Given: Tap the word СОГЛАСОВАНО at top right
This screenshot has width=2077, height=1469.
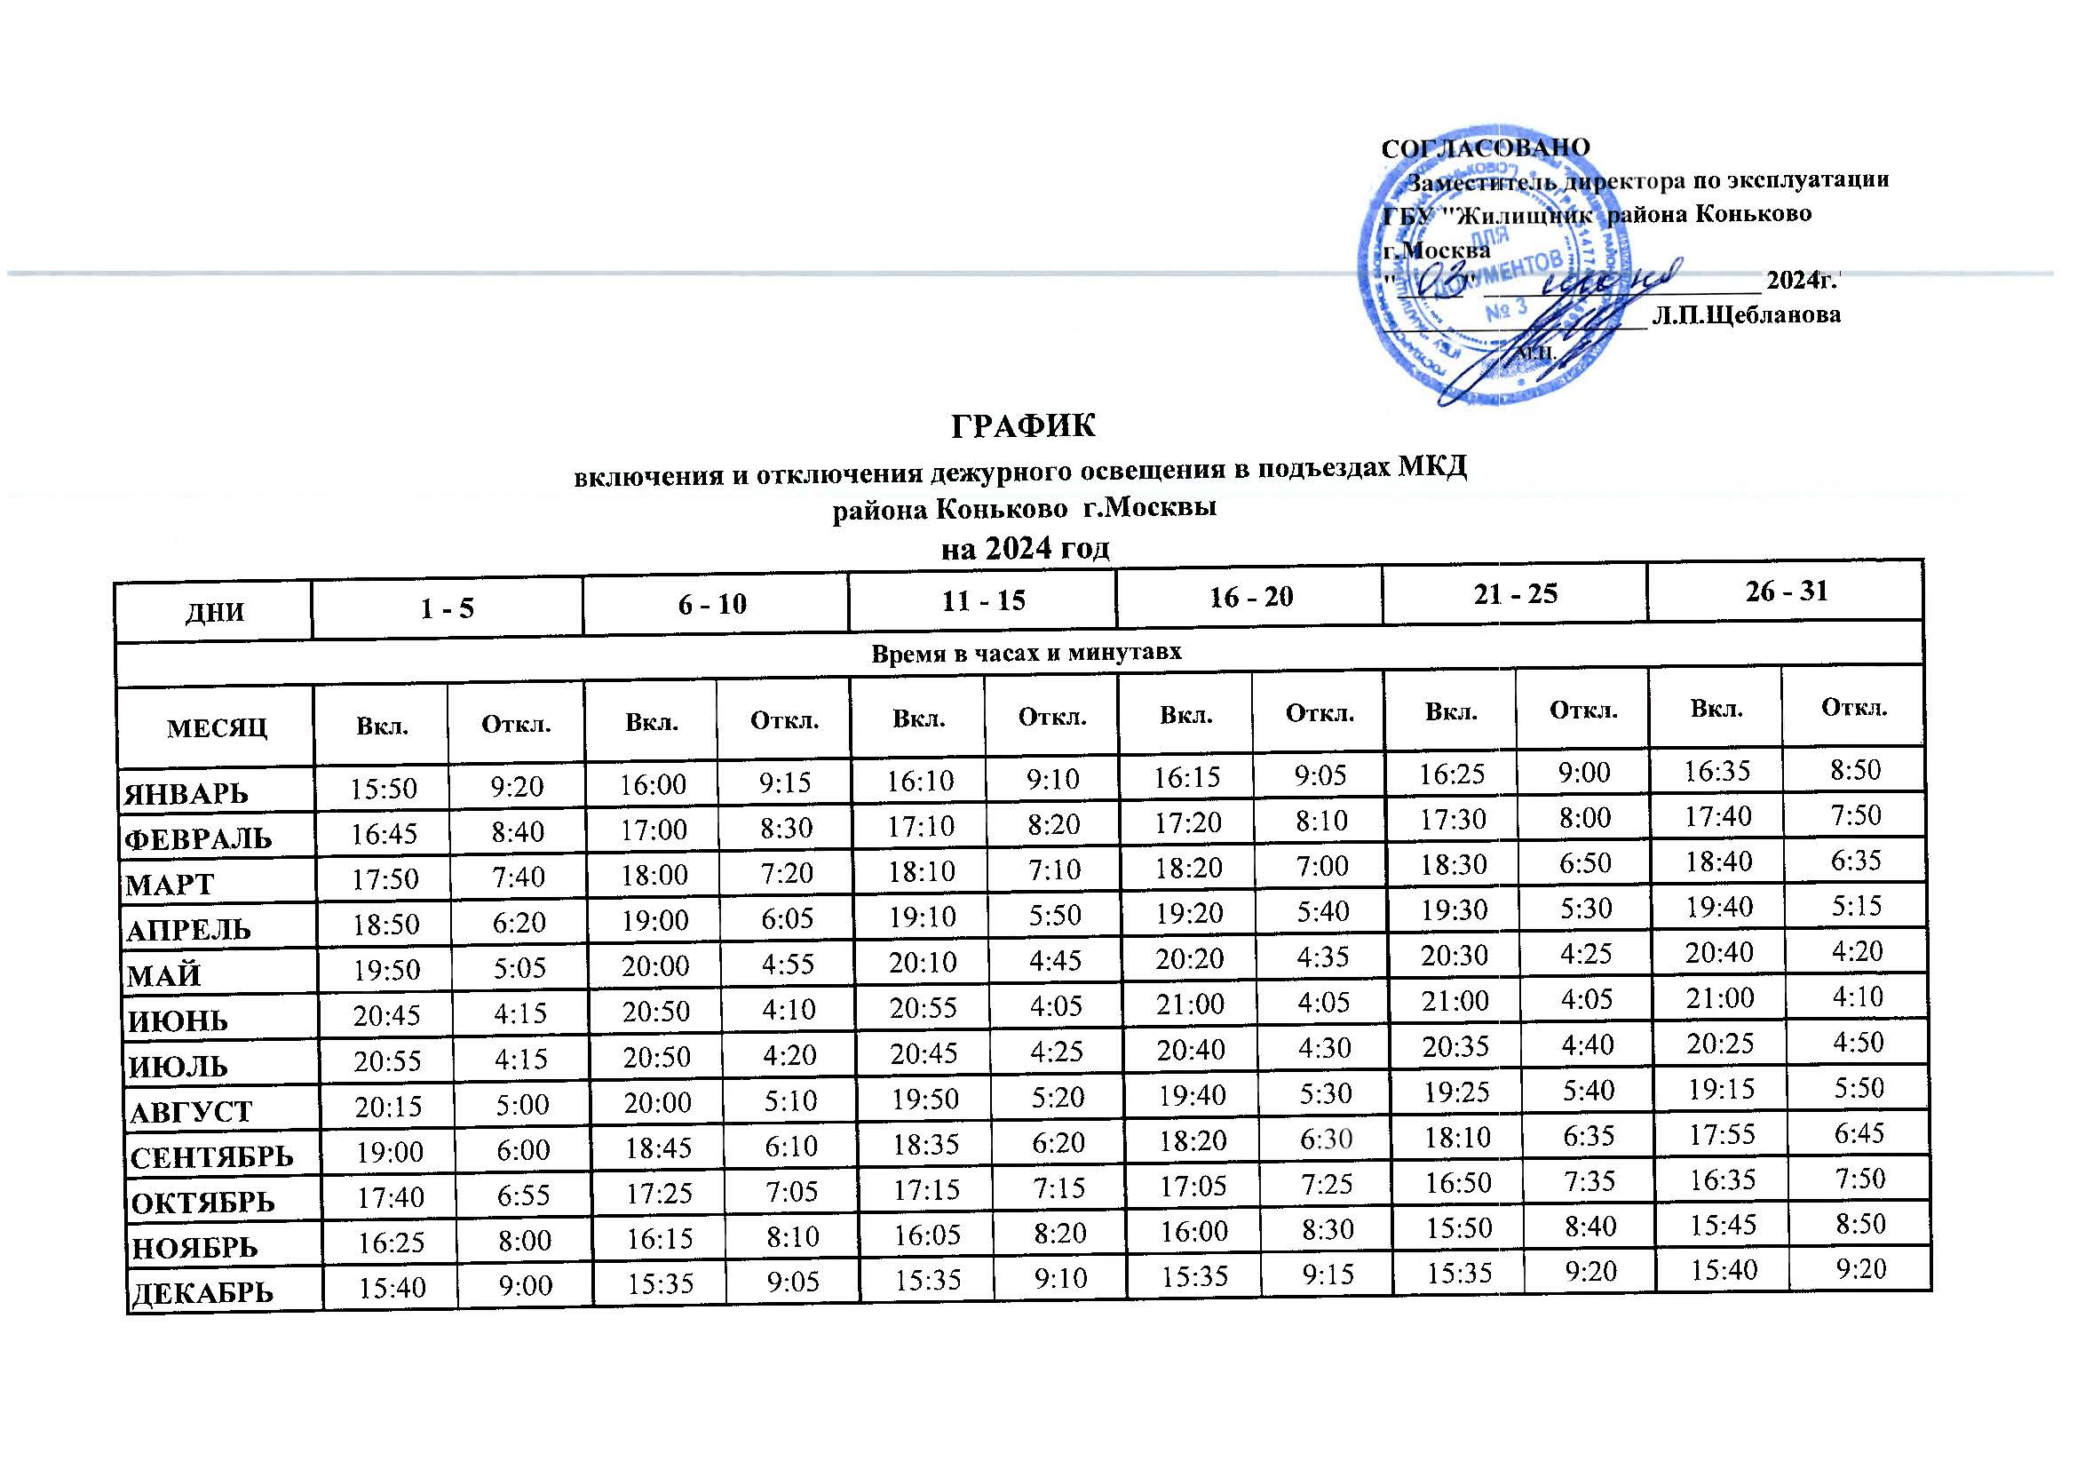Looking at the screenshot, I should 1486,147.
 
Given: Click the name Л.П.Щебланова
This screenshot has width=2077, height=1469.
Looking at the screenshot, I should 1746,314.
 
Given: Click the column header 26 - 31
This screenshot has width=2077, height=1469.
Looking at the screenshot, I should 1787,591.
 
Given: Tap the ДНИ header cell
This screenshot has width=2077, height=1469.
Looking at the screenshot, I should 215,613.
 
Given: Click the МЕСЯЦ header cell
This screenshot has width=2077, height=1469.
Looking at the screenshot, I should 217,727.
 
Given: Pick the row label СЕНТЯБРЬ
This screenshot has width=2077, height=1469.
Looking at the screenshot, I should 211,1157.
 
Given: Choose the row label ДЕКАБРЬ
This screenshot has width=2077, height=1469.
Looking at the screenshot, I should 202,1292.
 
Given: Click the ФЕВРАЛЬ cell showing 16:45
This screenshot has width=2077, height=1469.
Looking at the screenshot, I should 384,832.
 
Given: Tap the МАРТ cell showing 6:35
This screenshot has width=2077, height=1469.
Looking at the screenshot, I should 1856,860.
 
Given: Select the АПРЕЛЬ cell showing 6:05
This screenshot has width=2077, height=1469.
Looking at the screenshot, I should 787,919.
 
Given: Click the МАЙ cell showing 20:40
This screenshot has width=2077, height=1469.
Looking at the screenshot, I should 1720,951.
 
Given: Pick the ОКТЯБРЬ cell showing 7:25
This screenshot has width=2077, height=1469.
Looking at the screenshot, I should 1325,1185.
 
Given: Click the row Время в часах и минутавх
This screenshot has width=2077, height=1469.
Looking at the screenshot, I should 1026,651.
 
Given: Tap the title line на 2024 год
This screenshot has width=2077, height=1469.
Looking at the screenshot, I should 1025,549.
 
